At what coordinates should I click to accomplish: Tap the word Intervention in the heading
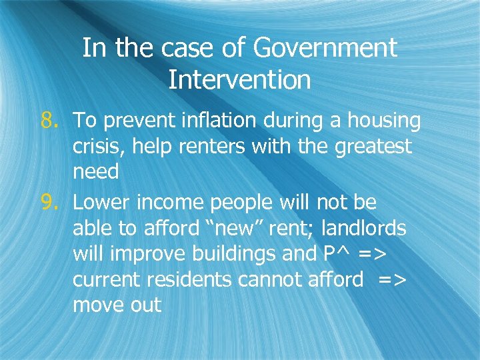(x=239, y=80)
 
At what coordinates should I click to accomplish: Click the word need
(x=96, y=172)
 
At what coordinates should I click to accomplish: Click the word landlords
(x=363, y=228)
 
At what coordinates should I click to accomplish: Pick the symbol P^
(x=340, y=254)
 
